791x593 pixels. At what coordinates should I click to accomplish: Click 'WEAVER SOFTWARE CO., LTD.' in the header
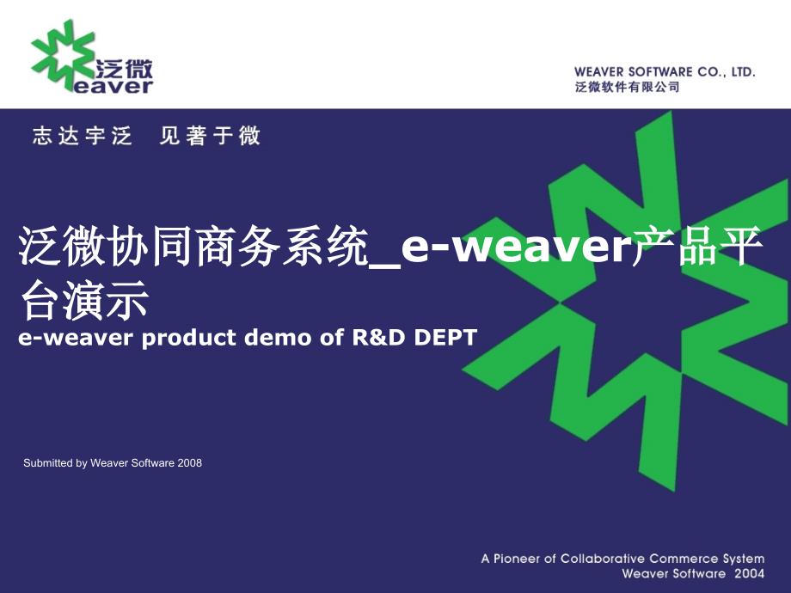(665, 72)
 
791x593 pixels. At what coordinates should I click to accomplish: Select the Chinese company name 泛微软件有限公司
(627, 87)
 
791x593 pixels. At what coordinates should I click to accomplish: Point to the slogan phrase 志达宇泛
(83, 136)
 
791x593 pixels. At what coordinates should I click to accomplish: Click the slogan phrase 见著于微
(210, 136)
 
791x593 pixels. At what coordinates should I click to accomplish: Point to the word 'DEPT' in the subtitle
(445, 338)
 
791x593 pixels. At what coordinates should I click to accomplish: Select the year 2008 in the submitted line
(190, 463)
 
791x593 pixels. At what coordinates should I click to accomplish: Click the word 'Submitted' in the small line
(48, 463)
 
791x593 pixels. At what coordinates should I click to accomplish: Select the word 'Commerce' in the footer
(683, 559)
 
